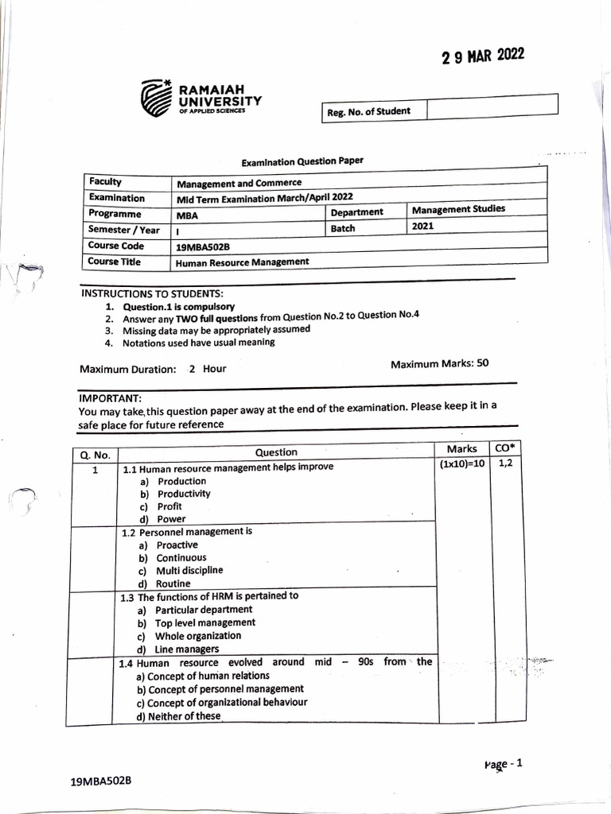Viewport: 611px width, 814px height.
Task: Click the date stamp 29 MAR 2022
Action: pos(483,57)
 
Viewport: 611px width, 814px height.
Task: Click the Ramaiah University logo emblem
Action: pos(157,99)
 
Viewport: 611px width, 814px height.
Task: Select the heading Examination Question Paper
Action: pos(302,161)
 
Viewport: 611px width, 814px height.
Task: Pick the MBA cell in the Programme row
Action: pos(188,215)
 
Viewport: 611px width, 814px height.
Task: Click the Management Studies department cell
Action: pos(458,209)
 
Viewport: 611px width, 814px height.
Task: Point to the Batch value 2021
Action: pos(423,227)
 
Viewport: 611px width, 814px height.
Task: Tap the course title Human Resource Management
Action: pos(242,262)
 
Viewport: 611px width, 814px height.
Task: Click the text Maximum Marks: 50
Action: pos(439,364)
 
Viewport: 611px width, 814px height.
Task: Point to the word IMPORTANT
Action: pos(110,397)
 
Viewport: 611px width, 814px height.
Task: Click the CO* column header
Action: pos(504,449)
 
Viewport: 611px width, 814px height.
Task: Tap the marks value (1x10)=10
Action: pos(461,464)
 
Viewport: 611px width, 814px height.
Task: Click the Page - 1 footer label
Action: pos(502,764)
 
